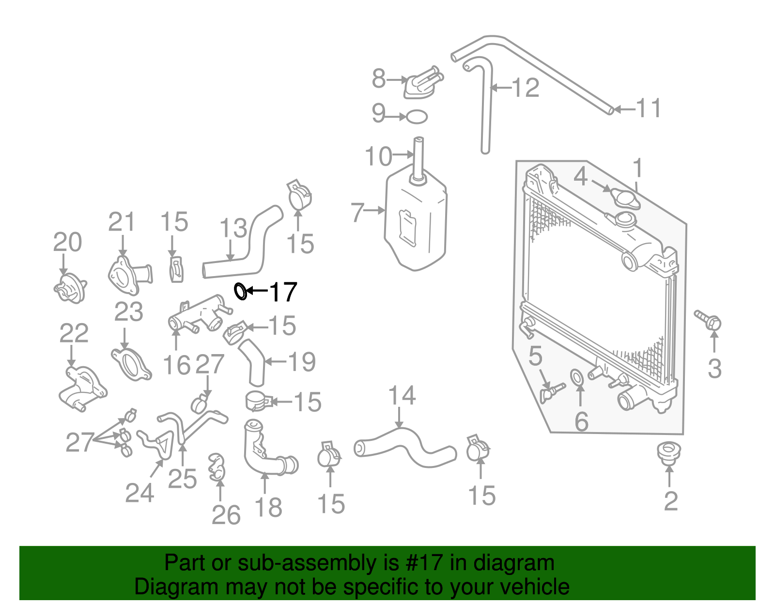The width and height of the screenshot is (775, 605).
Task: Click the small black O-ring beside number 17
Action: pos(241,291)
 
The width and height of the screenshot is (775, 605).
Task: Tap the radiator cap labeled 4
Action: pos(624,198)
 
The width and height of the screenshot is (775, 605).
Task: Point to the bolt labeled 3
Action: pos(708,320)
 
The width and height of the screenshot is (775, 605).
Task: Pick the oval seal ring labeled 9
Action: pos(417,117)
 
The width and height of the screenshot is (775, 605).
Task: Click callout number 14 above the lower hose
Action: pos(402,396)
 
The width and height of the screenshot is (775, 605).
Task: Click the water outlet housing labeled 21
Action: pos(129,276)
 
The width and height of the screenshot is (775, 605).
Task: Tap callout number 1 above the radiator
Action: pos(638,168)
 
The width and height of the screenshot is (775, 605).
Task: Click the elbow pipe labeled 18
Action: pos(264,450)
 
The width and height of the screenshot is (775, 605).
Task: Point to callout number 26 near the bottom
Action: pos(226,515)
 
